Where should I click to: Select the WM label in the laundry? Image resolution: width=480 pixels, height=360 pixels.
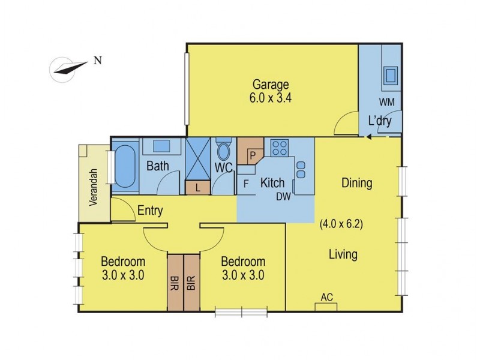(x=386, y=103)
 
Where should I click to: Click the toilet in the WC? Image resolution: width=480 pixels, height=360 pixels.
(x=224, y=151)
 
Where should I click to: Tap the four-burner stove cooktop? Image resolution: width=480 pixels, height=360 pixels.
(x=279, y=148)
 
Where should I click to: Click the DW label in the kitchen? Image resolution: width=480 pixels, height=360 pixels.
(x=283, y=196)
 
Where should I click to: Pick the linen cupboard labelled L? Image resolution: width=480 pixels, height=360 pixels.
(x=198, y=188)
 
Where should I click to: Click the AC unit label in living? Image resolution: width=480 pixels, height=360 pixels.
(x=326, y=298)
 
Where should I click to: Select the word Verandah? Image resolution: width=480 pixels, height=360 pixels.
(x=93, y=188)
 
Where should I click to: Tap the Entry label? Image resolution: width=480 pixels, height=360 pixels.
(x=151, y=211)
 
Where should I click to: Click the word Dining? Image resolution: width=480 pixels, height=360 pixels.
(x=356, y=183)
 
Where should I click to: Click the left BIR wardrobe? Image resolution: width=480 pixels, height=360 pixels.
(x=175, y=283)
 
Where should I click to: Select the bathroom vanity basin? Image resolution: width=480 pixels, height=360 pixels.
(x=161, y=146)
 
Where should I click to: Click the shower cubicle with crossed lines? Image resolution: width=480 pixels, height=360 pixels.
(x=198, y=159)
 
